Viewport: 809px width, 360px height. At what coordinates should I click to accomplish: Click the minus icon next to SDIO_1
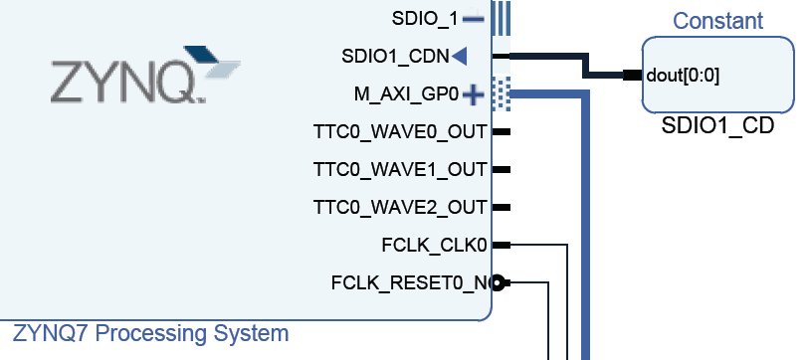(x=474, y=18)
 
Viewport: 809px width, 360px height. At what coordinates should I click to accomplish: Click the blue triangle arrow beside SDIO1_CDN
(x=459, y=56)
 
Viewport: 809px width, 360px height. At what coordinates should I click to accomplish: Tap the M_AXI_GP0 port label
(x=406, y=94)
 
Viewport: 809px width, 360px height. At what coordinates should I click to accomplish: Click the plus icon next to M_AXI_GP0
(x=473, y=94)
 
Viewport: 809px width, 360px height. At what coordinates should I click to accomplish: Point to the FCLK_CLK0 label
(x=434, y=245)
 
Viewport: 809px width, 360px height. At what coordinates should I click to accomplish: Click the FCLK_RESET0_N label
(x=411, y=283)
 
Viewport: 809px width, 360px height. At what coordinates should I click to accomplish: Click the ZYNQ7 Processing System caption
(x=150, y=333)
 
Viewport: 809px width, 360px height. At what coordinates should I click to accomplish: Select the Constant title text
(x=717, y=21)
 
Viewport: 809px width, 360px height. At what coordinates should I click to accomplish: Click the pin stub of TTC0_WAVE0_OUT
(x=502, y=131)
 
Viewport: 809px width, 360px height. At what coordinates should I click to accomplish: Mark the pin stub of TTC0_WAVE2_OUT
(x=502, y=208)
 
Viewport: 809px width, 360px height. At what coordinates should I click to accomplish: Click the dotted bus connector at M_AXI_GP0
(x=503, y=93)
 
